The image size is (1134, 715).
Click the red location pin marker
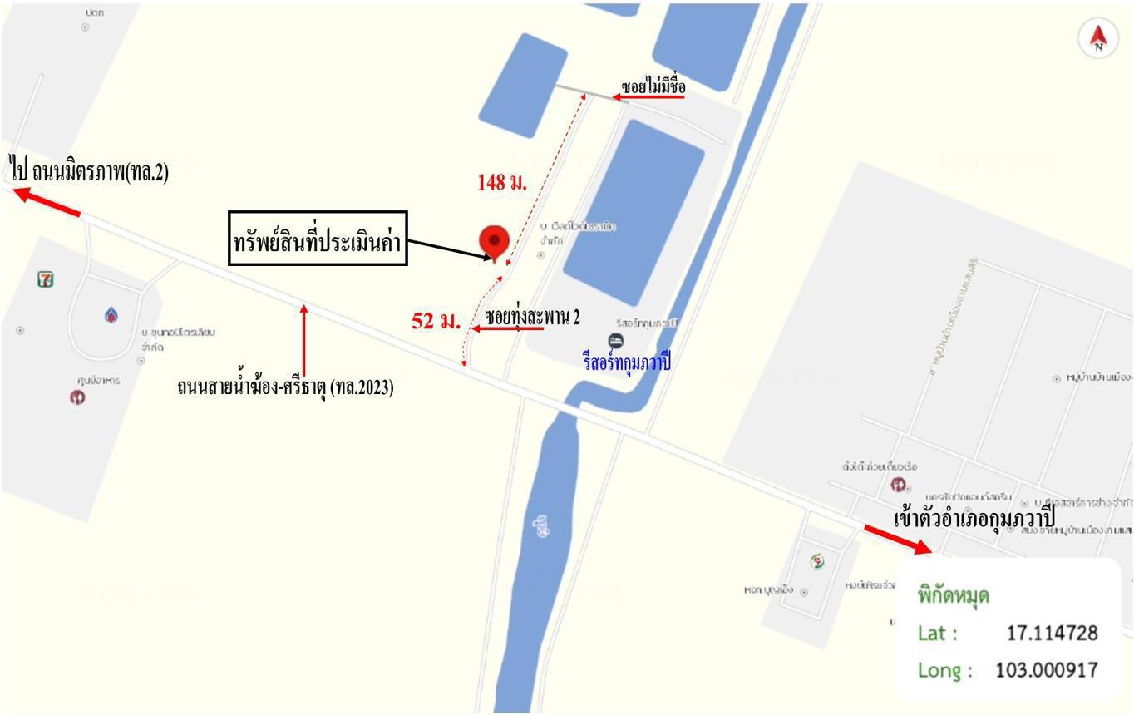click(x=495, y=243)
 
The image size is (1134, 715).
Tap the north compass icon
click(x=1098, y=38)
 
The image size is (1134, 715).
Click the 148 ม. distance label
click(x=502, y=182)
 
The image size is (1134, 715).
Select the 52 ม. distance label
click(x=436, y=320)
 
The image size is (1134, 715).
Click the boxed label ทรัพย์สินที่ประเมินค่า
click(x=318, y=239)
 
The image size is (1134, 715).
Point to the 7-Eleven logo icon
click(x=46, y=279)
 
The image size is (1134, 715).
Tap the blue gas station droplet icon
click(x=111, y=315)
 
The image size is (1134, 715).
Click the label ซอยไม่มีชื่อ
click(x=653, y=86)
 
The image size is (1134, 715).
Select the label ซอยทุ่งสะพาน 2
click(x=533, y=317)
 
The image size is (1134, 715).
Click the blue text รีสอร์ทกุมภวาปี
click(x=627, y=362)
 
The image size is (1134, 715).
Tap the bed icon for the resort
click(x=615, y=340)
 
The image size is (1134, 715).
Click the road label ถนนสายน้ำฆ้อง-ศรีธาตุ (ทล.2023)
click(x=285, y=387)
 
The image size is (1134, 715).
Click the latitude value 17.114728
click(x=1052, y=633)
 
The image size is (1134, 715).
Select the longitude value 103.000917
click(x=1046, y=669)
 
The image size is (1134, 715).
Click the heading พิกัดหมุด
click(x=953, y=595)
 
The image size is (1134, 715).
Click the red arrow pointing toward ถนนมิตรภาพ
click(x=47, y=202)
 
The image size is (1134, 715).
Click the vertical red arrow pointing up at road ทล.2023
click(x=304, y=341)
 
